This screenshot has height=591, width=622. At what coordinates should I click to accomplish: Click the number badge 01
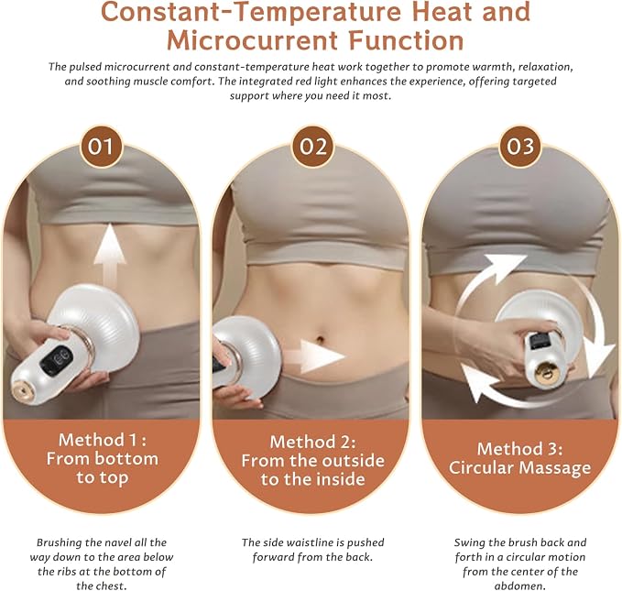tap(101, 147)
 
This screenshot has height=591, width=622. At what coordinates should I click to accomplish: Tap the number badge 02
tap(313, 147)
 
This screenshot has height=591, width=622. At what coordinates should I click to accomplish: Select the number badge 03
tap(520, 147)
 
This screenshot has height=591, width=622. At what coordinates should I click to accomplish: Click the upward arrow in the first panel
tap(110, 258)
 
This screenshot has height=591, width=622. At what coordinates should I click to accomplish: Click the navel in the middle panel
tap(321, 339)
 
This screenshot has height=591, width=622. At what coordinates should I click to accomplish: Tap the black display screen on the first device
tap(57, 359)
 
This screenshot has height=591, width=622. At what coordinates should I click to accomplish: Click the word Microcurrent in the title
tap(252, 40)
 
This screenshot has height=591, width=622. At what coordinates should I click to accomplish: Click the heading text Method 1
tap(103, 440)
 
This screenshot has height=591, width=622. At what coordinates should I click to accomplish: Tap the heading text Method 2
tap(313, 442)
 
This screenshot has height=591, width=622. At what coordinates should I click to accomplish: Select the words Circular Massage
tap(520, 467)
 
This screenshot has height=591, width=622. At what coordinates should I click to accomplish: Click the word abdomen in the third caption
tap(519, 586)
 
